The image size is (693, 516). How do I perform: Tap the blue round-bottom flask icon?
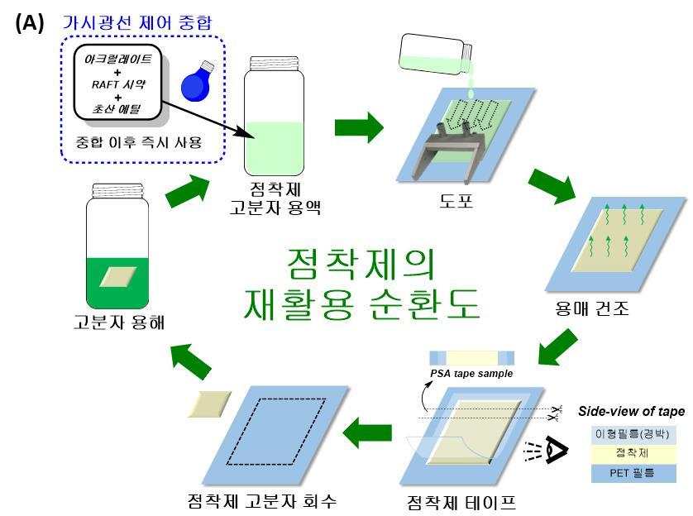coord(197,81)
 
